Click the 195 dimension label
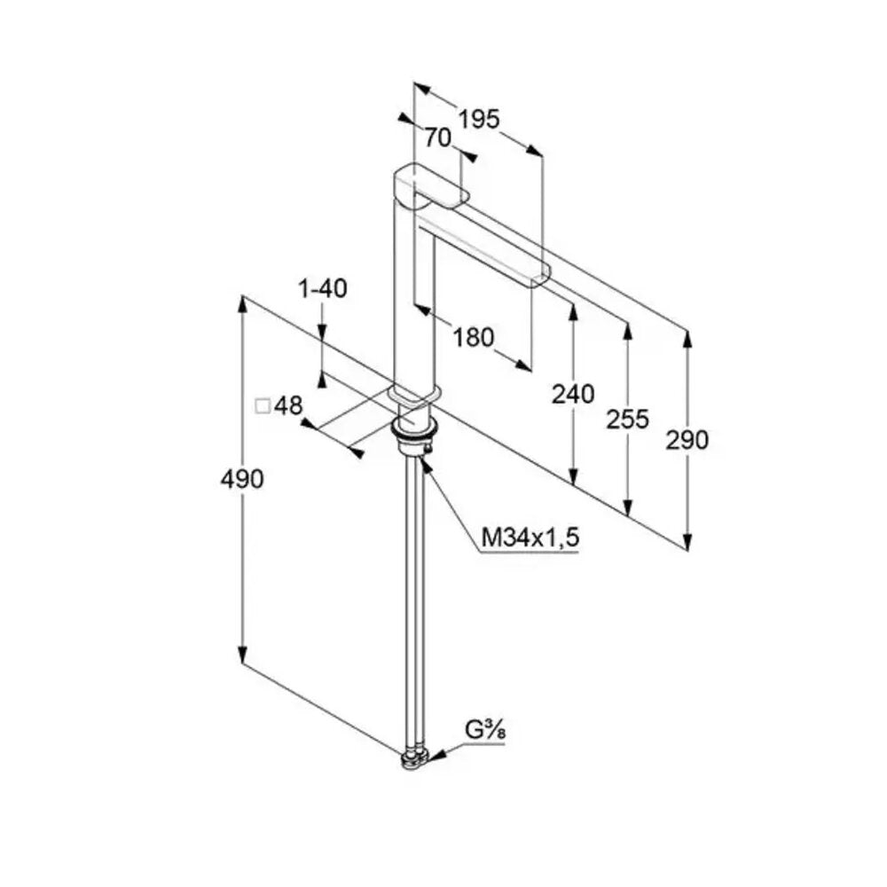pos(479,120)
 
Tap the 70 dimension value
pos(438,137)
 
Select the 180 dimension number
pos(473,338)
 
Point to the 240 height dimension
pos(573,395)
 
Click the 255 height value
pos(627,420)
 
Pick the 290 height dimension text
pos(687,440)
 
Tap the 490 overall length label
pos(242,479)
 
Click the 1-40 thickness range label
pos(323,288)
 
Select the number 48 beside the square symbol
pos(288,405)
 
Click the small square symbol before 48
pos(263,406)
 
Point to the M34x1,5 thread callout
pos(530,537)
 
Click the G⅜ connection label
pos(485,730)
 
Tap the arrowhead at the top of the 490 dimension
pos(243,303)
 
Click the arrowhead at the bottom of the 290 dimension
pos(687,541)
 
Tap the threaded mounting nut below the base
pos(413,436)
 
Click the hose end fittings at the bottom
pos(415,760)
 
